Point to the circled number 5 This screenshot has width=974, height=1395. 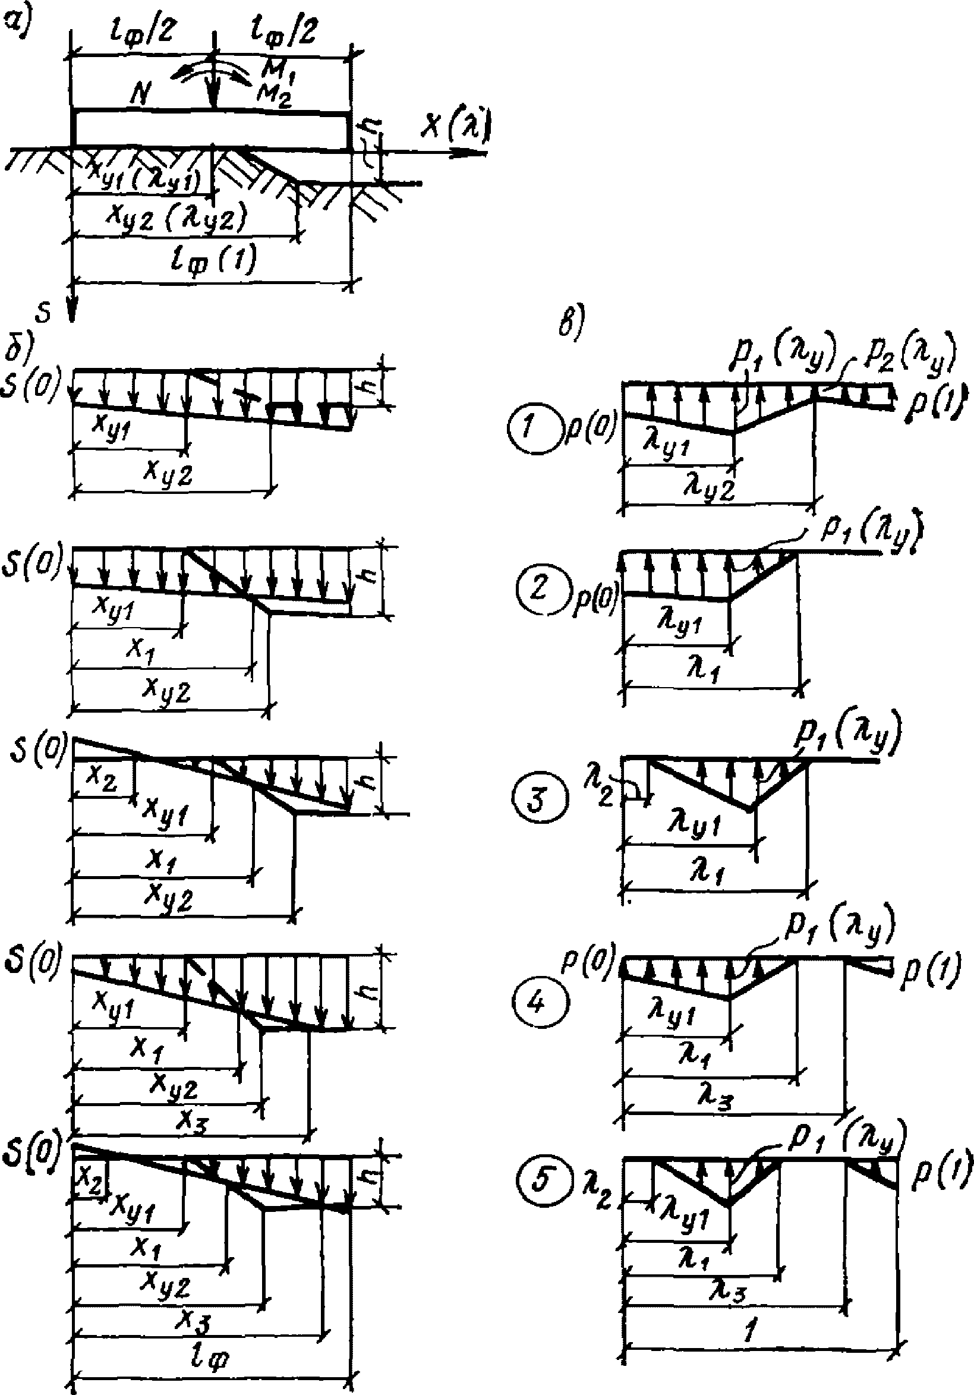coord(540,1183)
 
